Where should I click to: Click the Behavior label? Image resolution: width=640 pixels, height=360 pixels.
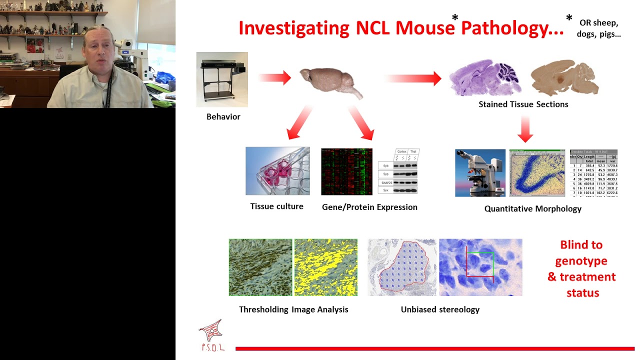223,116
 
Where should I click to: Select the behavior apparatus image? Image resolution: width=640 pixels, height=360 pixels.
222,79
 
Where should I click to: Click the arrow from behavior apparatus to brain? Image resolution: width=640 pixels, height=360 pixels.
274,77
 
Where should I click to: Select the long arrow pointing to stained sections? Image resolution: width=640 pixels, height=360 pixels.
413,78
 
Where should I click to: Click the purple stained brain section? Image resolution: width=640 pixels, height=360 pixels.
484,78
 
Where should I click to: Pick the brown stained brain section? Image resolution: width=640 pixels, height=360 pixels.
564,78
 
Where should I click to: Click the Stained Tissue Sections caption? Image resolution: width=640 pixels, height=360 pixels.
523,104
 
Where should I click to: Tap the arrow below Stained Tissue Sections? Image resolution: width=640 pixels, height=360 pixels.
525,128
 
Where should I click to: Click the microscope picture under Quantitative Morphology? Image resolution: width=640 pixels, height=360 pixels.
480,173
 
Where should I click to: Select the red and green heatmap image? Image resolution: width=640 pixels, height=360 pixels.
346,171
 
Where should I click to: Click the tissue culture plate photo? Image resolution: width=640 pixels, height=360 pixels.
277,171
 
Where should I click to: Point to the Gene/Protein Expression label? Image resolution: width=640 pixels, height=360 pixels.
369,207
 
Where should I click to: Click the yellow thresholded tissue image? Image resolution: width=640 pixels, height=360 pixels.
325,267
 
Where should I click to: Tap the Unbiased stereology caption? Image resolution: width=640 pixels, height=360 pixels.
440,309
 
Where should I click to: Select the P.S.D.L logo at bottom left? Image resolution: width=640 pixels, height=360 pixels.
211,335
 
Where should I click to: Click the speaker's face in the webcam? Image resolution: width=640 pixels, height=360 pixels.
100,52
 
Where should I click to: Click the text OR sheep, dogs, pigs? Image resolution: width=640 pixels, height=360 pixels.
599,28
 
